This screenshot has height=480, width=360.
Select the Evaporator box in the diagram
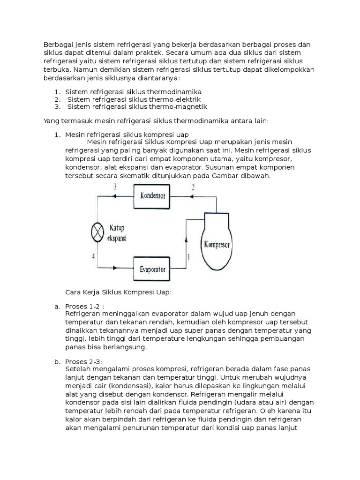tap(152, 269)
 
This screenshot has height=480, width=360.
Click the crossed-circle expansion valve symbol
tap(97, 232)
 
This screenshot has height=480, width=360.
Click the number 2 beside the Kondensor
tap(192, 187)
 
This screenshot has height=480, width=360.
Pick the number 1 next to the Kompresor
tap(189, 256)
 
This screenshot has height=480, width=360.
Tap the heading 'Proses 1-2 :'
tap(86, 306)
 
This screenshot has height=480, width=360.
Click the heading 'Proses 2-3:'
tap(85, 361)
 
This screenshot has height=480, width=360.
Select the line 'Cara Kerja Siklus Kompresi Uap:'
tap(119, 292)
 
